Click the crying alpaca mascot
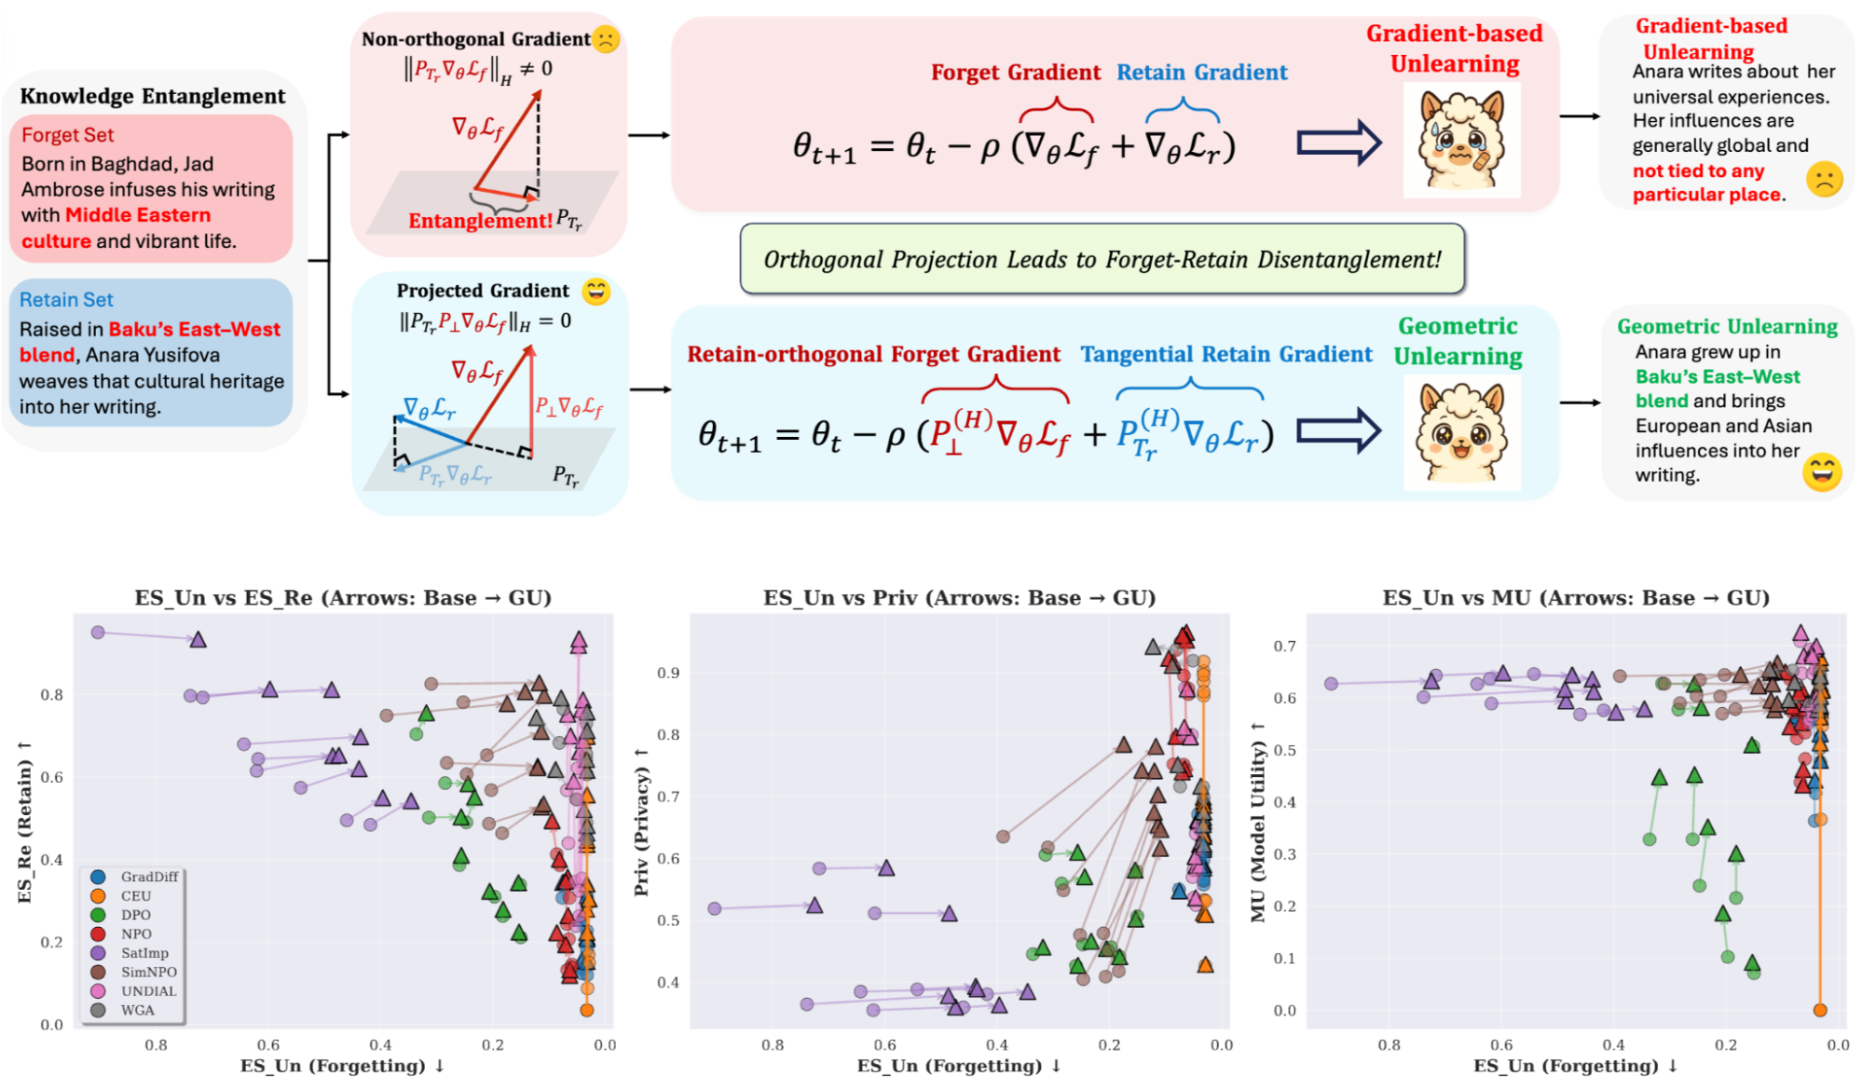tap(1461, 140)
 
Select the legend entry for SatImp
tap(144, 953)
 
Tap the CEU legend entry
tap(136, 896)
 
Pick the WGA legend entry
tap(137, 1010)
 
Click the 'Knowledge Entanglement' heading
tap(153, 96)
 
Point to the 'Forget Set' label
tap(67, 135)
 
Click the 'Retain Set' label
tap(66, 300)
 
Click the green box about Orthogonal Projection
tap(1102, 259)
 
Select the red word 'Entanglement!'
tap(480, 221)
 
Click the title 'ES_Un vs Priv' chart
tap(959, 598)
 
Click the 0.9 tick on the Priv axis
tap(668, 673)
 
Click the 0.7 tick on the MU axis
tap(1284, 647)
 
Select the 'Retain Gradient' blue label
tap(1201, 73)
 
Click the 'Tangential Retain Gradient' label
tap(1225, 354)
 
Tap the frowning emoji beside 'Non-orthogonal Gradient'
tap(606, 39)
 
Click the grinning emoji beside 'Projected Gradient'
tap(596, 292)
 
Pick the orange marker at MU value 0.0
tap(1820, 1010)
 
